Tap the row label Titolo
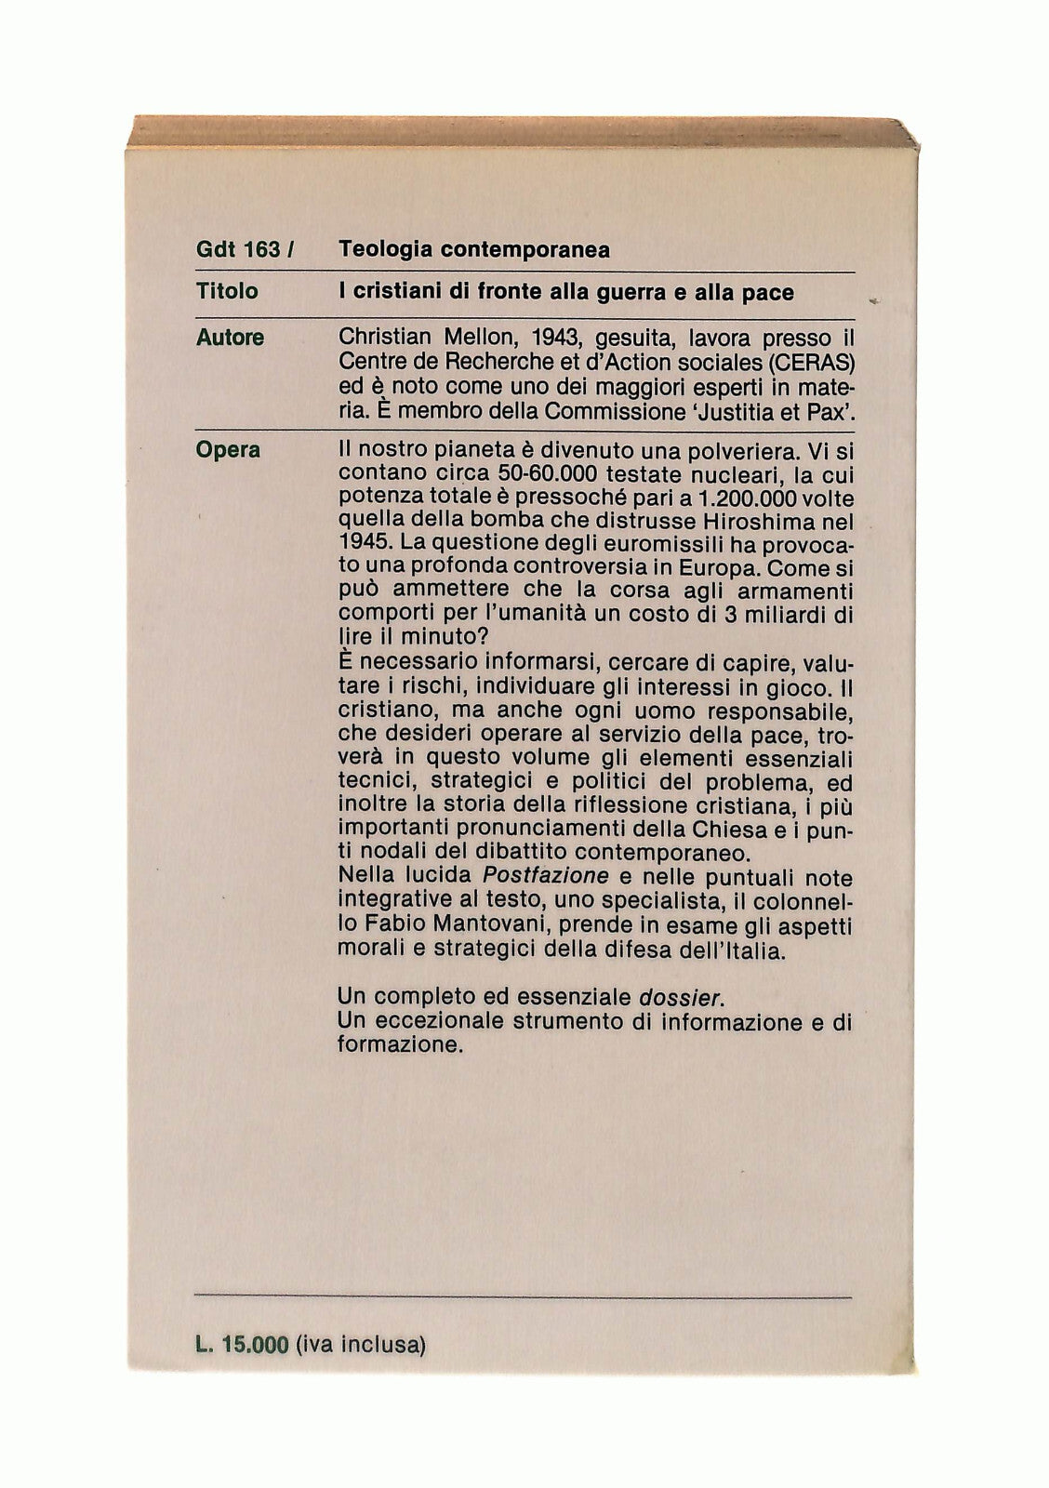[x=227, y=291]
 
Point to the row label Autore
[x=230, y=337]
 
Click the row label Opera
[x=228, y=450]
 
